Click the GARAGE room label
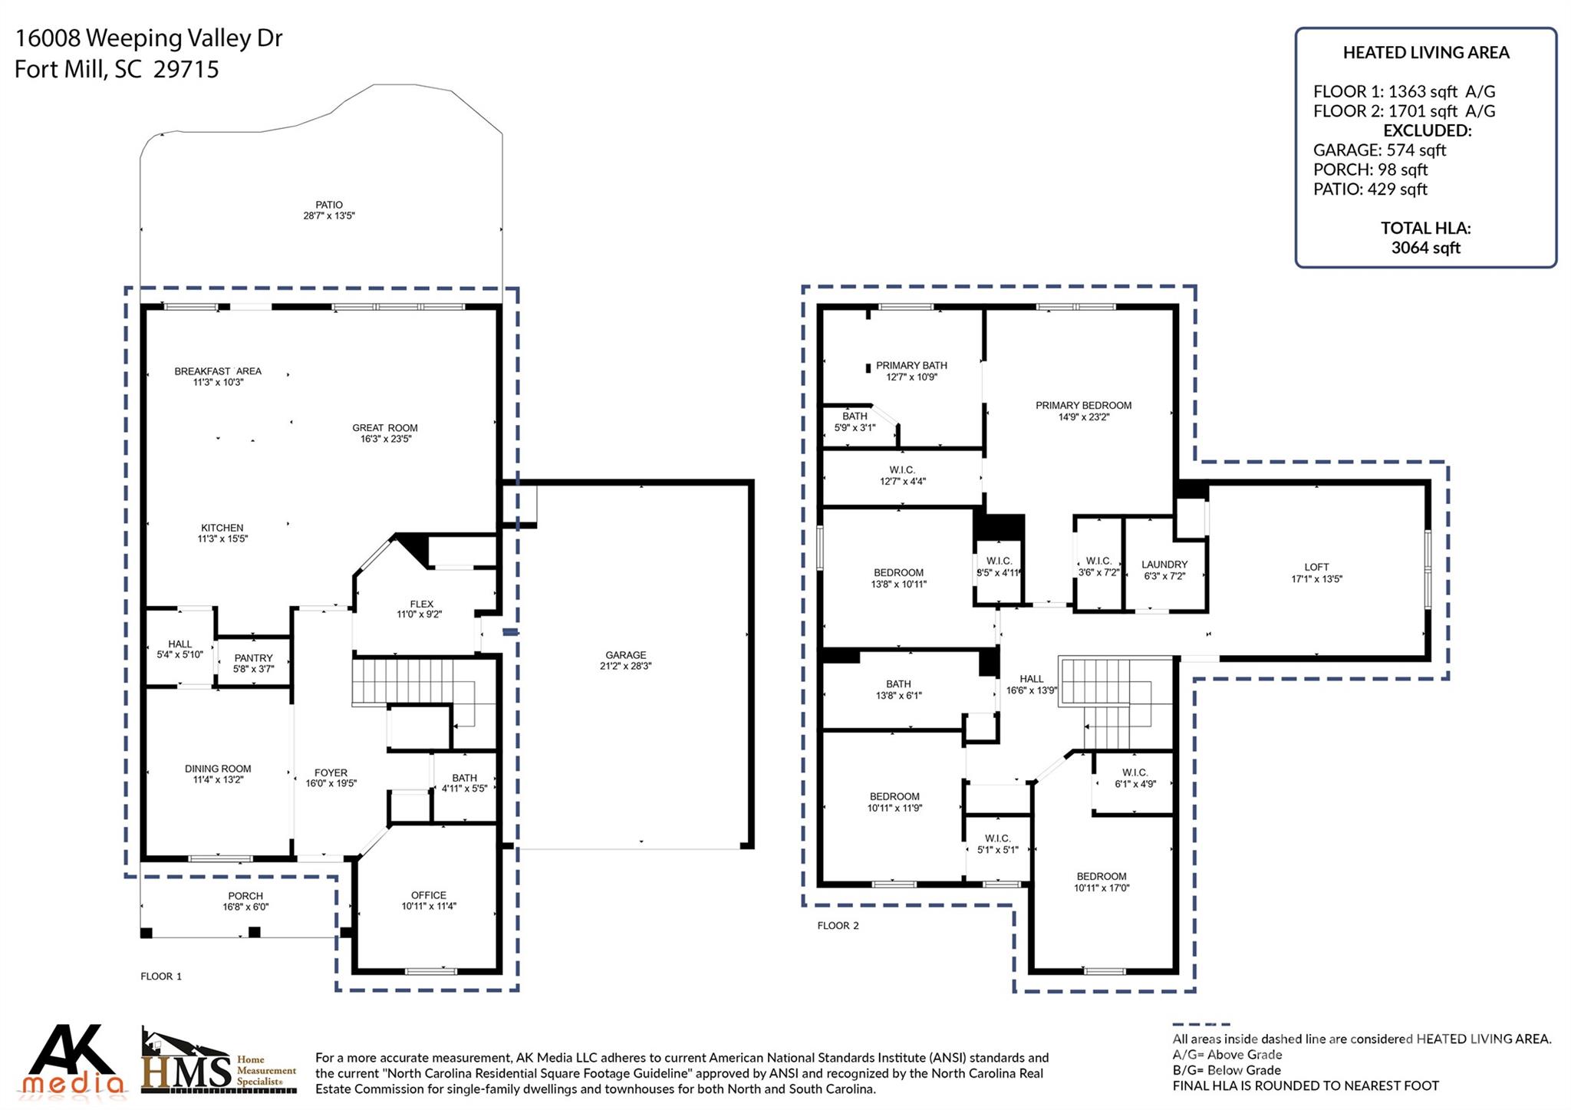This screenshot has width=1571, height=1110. coord(625,655)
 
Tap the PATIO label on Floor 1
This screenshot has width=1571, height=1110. coord(329,205)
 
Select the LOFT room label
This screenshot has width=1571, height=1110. coord(1316,568)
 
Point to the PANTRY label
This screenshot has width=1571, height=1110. coord(253,658)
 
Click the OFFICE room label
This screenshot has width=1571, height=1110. coord(428,895)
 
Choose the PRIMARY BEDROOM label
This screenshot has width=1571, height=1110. coord(1083,406)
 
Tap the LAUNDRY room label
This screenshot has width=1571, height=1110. coord(1164,565)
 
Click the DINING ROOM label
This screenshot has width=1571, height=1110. coord(218,769)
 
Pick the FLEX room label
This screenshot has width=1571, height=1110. coord(421,604)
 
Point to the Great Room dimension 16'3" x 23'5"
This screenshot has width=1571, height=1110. coord(386,440)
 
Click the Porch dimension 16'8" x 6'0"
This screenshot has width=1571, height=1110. coord(245,907)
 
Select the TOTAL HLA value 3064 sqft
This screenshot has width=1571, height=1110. coord(1425,248)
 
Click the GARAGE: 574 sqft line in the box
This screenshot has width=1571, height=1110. coord(1379,150)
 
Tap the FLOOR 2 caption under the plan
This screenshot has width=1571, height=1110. coord(838,926)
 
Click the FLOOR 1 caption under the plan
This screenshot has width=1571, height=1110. coord(161,977)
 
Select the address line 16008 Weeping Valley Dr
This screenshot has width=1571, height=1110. coord(149,38)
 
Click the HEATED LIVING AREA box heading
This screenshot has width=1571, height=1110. coord(1426,53)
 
